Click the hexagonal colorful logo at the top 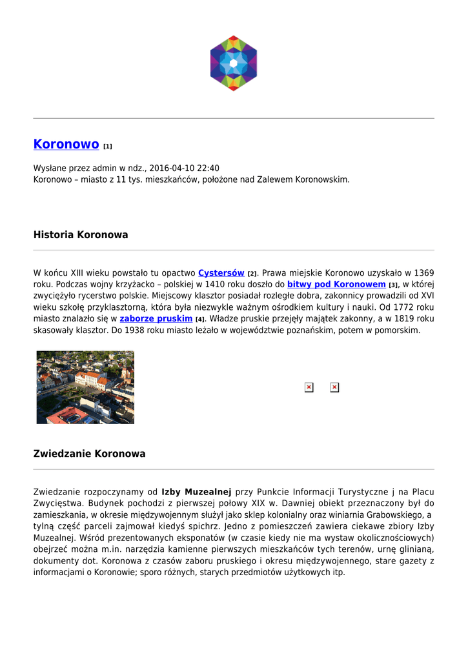tap(234, 63)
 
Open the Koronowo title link tap(66, 145)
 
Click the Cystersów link tap(221, 273)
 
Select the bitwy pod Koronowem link tap(336, 284)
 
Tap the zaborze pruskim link tap(156, 319)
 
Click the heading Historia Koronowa tap(81, 235)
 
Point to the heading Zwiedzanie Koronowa tap(89, 454)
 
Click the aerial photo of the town tap(85, 387)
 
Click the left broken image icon tap(309, 387)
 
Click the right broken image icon tap(334, 387)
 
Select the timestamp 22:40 tap(207, 168)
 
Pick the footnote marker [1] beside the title tap(108, 147)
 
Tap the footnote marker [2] tap(252, 274)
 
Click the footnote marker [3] tap(393, 285)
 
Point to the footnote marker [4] tap(200, 320)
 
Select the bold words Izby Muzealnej tap(196, 492)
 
